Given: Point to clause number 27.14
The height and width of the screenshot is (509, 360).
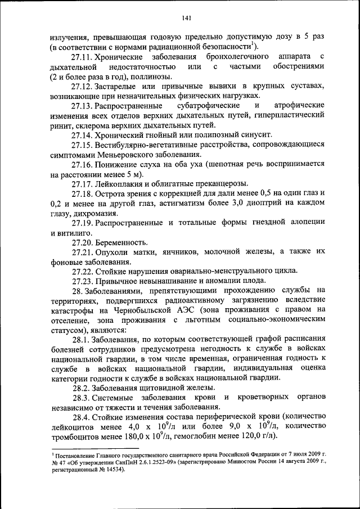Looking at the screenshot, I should point(82,135).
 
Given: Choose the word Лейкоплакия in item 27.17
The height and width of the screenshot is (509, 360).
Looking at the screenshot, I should point(120,184).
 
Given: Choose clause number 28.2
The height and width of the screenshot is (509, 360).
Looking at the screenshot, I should point(82,388).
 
